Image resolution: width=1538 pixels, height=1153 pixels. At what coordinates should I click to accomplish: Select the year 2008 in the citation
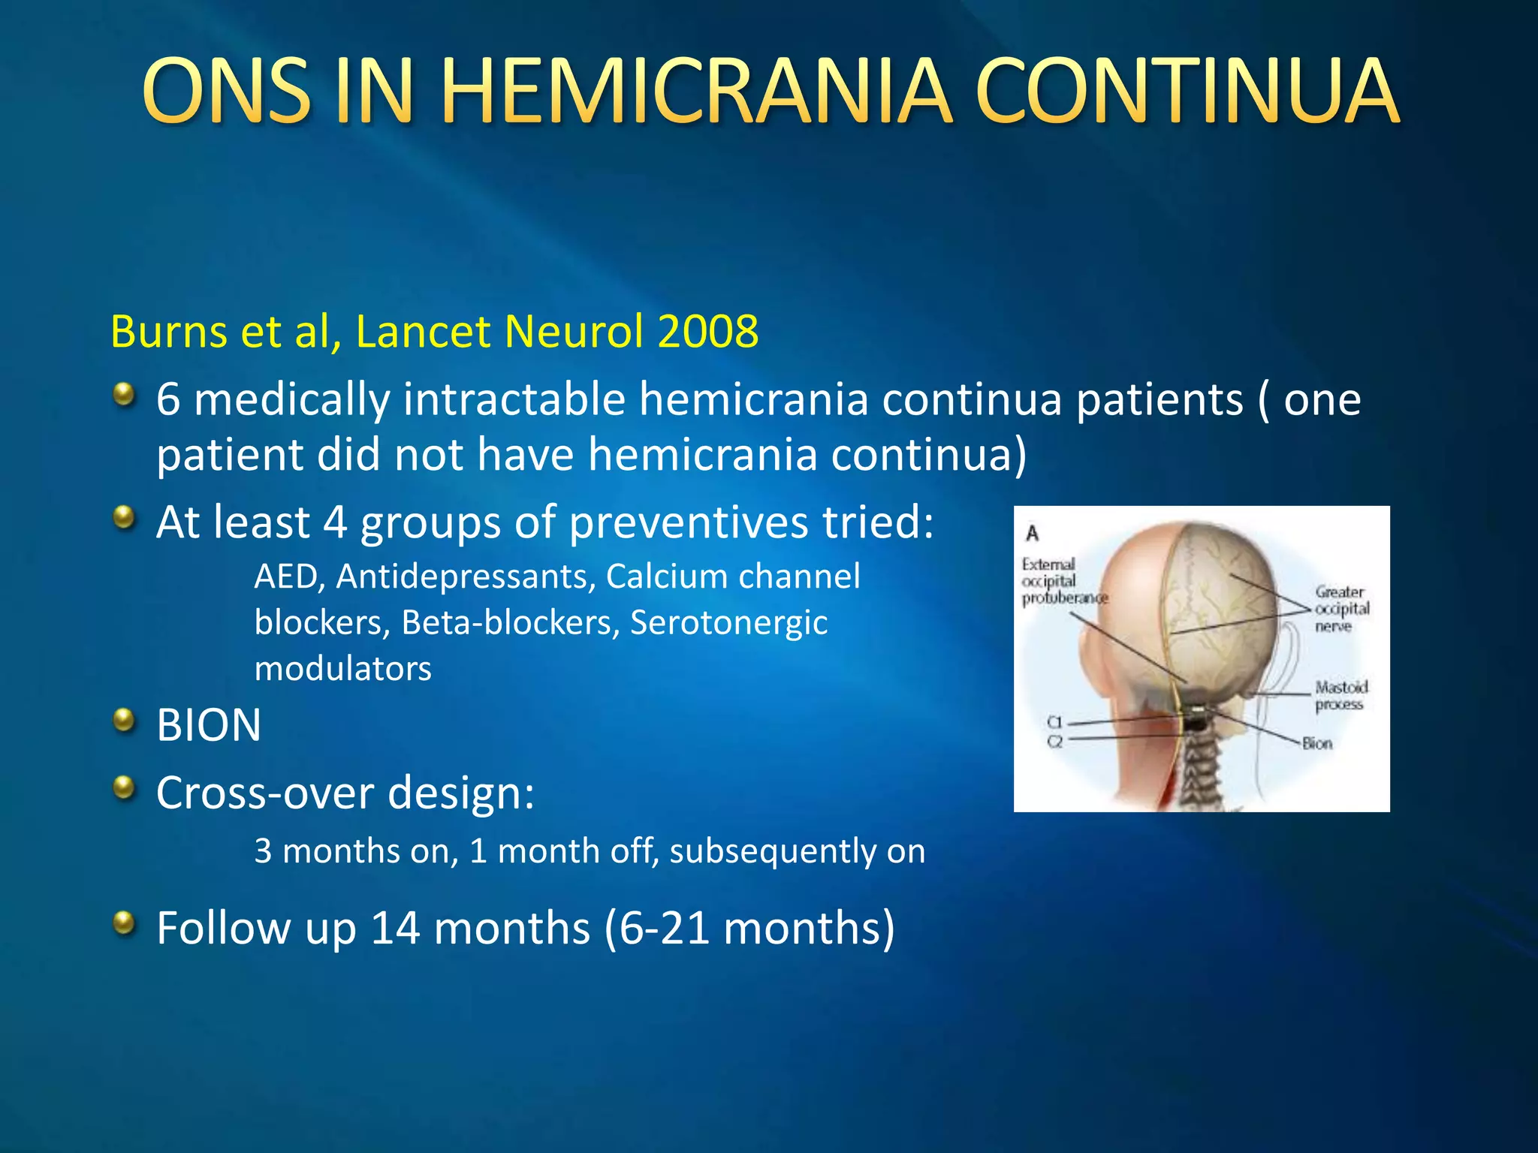tap(707, 331)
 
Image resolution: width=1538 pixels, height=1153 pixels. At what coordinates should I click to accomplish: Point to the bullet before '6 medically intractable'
tap(124, 393)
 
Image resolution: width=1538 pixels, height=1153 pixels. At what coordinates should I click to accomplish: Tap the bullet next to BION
tap(124, 721)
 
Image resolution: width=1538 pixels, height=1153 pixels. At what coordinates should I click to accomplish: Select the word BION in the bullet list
tap(209, 725)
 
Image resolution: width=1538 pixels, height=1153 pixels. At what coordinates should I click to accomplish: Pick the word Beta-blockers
tap(508, 622)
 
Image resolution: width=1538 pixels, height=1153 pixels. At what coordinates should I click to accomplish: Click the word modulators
tap(342, 668)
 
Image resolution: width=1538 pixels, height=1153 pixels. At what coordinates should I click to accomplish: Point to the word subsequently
tap(771, 851)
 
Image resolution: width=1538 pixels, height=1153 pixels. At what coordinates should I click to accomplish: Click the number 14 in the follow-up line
tap(395, 928)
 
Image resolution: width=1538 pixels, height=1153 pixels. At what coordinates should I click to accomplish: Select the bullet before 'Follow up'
tap(124, 923)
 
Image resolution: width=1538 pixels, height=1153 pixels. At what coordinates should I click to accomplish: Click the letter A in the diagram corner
tap(1033, 534)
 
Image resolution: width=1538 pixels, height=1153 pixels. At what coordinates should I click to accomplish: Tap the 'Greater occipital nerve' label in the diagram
tap(1341, 609)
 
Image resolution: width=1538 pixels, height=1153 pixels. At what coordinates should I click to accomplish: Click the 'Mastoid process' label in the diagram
tap(1340, 695)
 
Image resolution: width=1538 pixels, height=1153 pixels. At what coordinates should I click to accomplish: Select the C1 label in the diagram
tap(1055, 722)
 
